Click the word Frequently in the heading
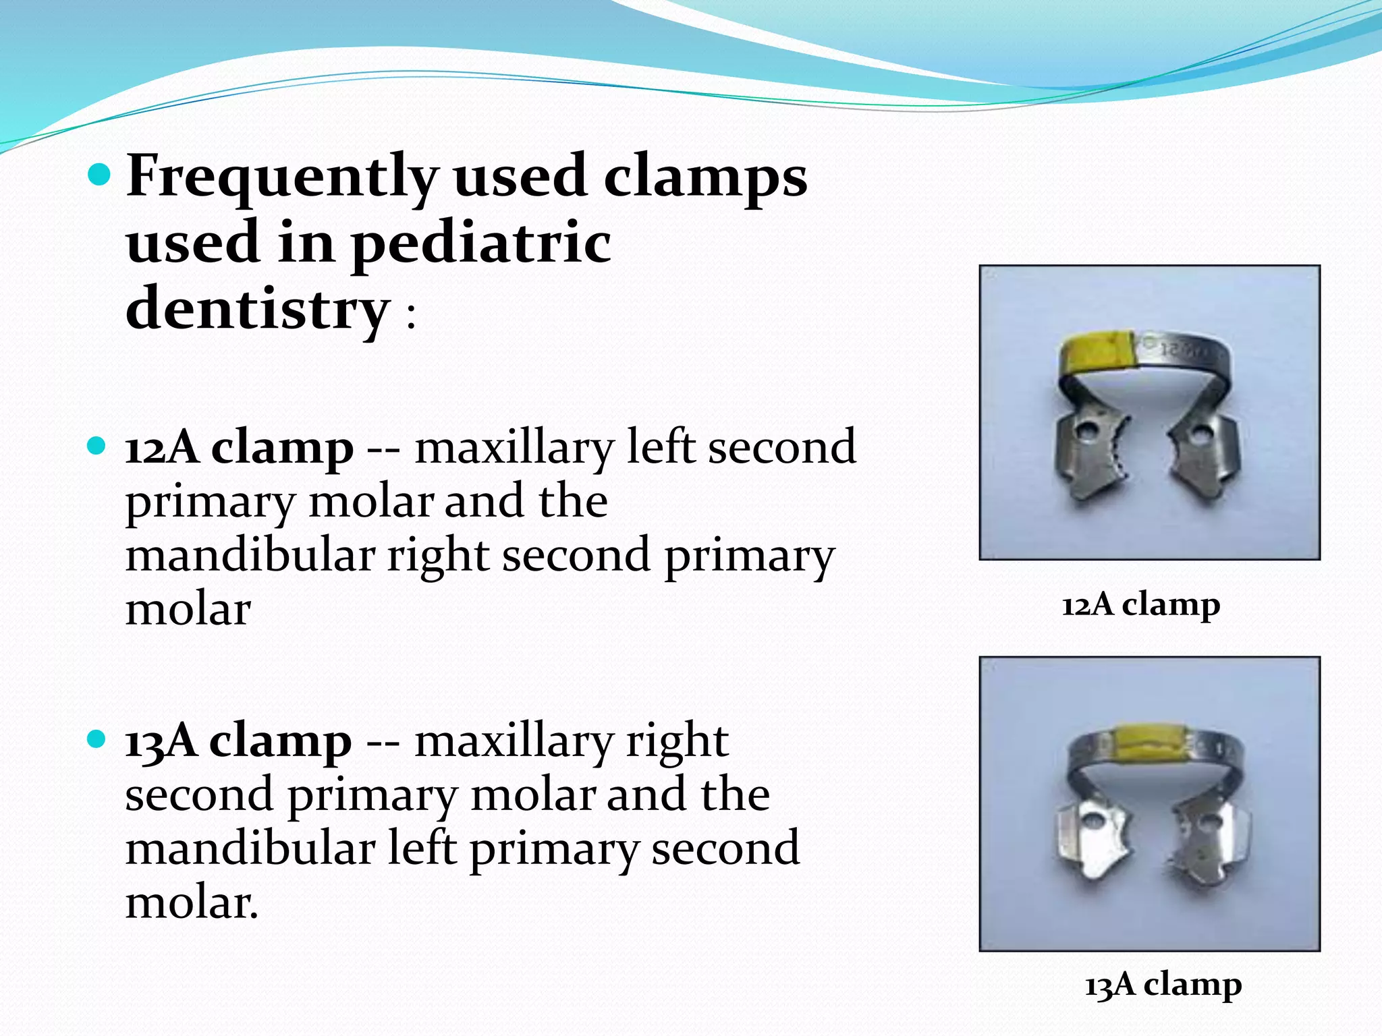tap(282, 177)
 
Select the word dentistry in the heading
tap(258, 309)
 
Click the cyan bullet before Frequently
tap(99, 175)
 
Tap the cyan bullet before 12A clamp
tap(98, 446)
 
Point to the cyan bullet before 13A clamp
tap(98, 739)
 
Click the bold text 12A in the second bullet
tap(162, 448)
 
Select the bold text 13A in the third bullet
tap(161, 741)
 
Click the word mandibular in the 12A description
tap(250, 556)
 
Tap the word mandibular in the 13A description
tap(250, 849)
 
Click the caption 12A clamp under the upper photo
tap(1140, 605)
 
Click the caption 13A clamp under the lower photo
tap(1163, 985)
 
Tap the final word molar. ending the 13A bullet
tap(192, 903)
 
